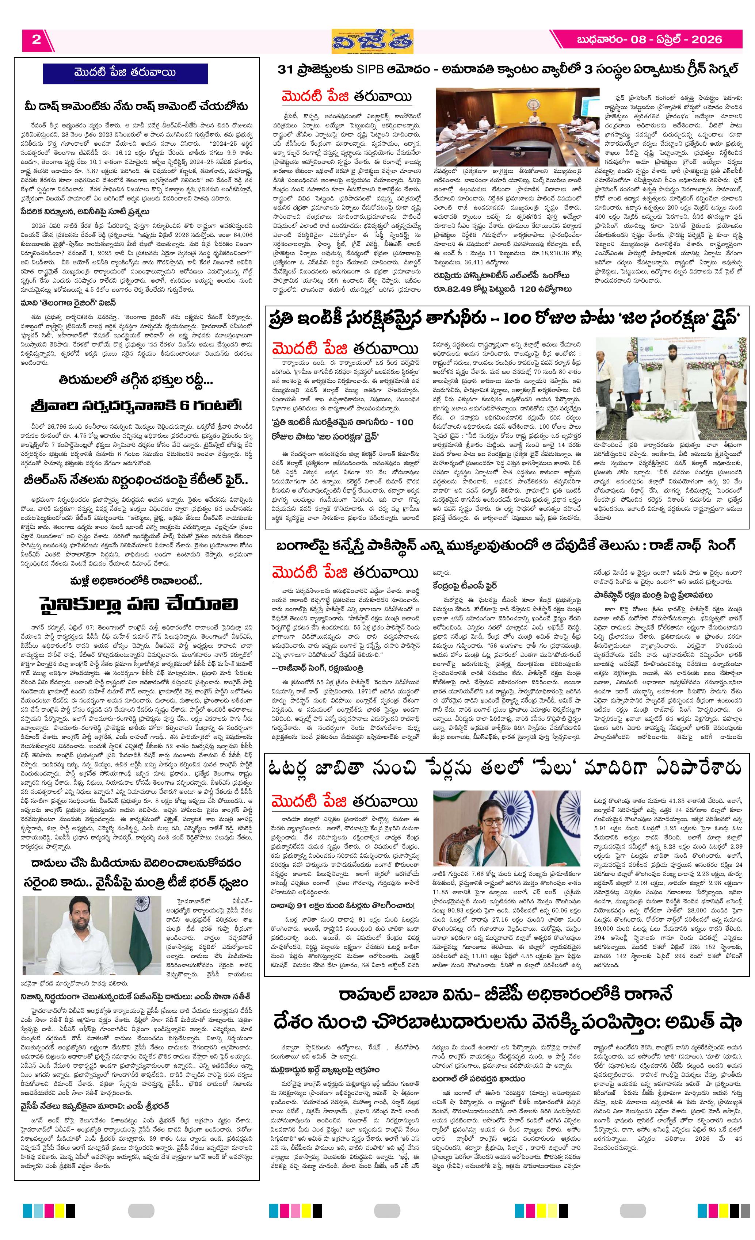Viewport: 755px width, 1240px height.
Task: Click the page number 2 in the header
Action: point(36,40)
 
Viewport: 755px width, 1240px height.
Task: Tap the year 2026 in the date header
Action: point(706,40)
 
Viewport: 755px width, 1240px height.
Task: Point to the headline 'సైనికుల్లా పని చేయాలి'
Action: point(138,604)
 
